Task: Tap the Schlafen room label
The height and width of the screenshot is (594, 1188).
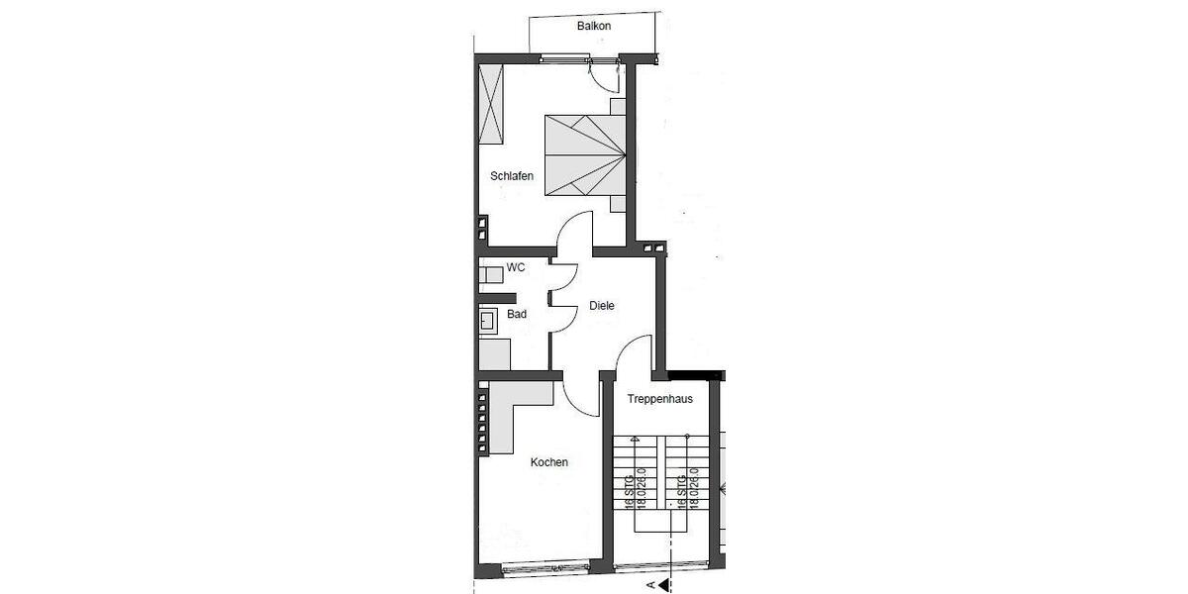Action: (512, 176)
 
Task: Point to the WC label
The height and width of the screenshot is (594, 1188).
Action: (515, 267)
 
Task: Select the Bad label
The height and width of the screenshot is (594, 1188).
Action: (516, 314)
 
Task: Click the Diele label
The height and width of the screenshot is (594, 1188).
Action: (602, 306)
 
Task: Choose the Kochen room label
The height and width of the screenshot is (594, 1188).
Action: (549, 461)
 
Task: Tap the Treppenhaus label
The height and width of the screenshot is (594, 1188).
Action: (660, 399)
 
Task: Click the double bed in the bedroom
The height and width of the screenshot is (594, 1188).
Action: (585, 154)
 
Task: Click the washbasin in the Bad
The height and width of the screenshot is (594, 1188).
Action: (487, 320)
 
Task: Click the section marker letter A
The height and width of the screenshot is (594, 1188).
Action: (650, 586)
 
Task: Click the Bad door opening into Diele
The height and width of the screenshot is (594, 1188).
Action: (563, 314)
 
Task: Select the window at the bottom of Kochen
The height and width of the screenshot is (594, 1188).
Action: (545, 568)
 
